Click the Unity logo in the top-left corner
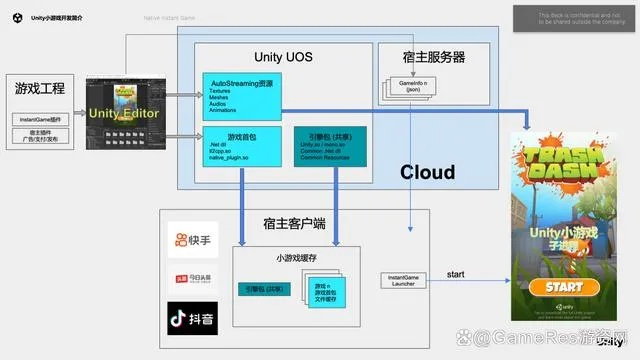[19, 17]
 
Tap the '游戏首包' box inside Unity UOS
[239, 146]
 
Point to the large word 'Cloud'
[428, 170]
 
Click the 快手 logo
[192, 240]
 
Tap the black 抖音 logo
[192, 320]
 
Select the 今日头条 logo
[192, 279]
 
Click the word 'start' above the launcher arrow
[454, 272]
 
